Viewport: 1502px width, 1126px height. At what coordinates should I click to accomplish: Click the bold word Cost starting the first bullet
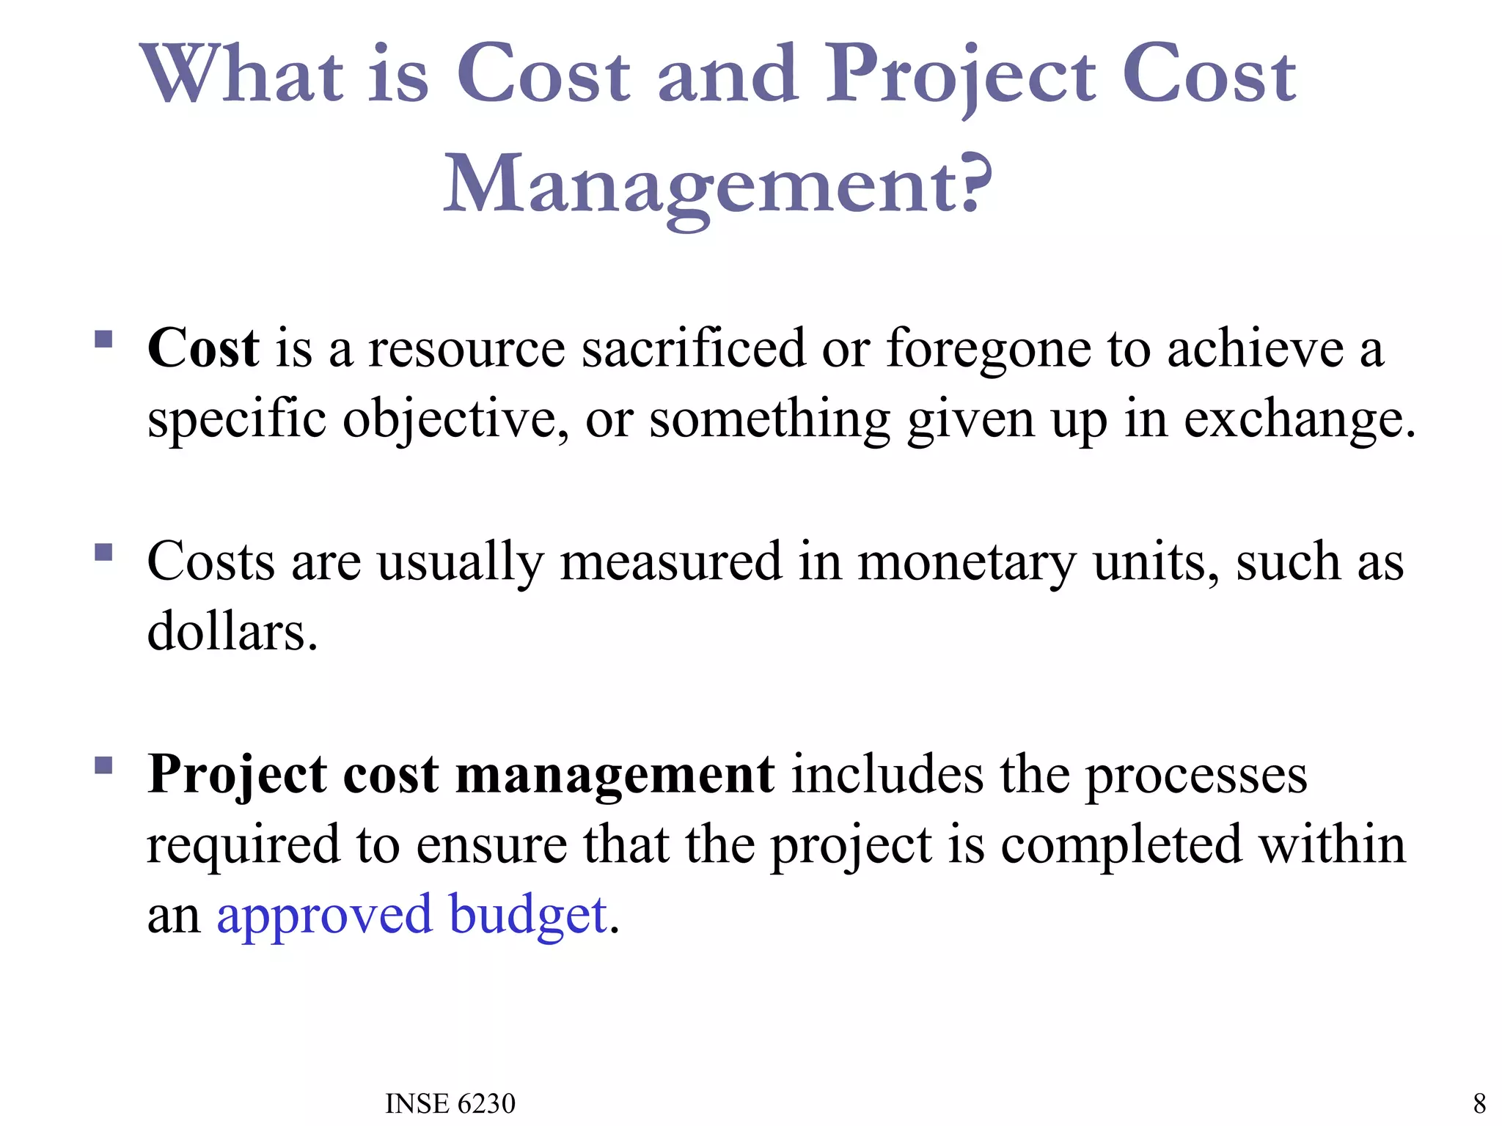(x=203, y=347)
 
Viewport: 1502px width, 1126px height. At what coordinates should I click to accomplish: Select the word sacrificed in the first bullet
(x=692, y=347)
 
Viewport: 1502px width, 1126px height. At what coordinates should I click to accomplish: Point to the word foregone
(x=989, y=349)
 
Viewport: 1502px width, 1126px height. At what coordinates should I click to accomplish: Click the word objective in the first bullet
(x=455, y=419)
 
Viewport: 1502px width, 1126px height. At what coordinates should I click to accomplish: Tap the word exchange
(x=1299, y=419)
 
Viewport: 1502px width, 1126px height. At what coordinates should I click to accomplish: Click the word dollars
(x=232, y=631)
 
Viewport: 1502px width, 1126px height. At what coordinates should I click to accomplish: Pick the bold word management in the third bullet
(x=615, y=774)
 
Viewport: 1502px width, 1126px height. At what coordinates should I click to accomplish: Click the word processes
(x=1195, y=776)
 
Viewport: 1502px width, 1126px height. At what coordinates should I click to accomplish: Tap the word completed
(x=1121, y=845)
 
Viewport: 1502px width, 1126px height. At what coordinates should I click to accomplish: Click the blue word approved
(x=324, y=916)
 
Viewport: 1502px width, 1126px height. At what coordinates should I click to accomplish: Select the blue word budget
(x=528, y=916)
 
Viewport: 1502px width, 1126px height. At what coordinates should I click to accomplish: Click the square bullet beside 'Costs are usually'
(x=103, y=551)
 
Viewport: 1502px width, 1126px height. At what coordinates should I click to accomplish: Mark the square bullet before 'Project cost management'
(x=103, y=766)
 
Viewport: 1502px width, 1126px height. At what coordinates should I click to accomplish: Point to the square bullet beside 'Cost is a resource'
(x=103, y=339)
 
